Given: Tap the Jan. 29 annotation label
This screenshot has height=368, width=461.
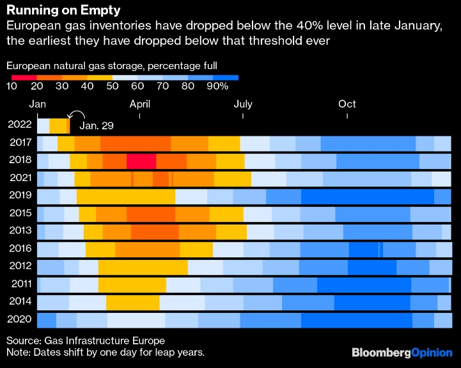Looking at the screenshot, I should (x=95, y=125).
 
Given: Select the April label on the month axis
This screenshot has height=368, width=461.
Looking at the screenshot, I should (x=140, y=104).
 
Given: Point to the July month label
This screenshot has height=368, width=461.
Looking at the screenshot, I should (x=243, y=104).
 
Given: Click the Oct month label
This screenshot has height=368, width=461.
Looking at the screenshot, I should (x=347, y=104).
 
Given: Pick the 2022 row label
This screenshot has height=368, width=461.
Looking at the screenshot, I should (x=20, y=125).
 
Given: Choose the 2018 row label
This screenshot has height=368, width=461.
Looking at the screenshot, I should (x=20, y=161).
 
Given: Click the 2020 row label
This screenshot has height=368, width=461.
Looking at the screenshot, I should (x=20, y=319).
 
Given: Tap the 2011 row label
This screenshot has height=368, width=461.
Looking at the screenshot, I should (x=20, y=284).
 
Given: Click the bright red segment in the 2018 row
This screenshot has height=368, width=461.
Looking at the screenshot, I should (x=141, y=161).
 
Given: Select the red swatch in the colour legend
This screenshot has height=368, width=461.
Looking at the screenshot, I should (x=24, y=77).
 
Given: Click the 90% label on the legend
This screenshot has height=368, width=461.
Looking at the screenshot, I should (x=217, y=86).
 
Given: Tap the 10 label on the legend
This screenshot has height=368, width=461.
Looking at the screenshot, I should (x=12, y=86).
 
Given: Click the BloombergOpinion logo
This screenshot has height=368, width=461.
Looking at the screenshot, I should (x=402, y=352).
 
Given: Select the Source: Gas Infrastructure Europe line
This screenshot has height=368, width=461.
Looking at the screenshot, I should (x=85, y=340).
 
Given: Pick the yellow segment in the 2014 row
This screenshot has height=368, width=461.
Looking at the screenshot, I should (x=132, y=302).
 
